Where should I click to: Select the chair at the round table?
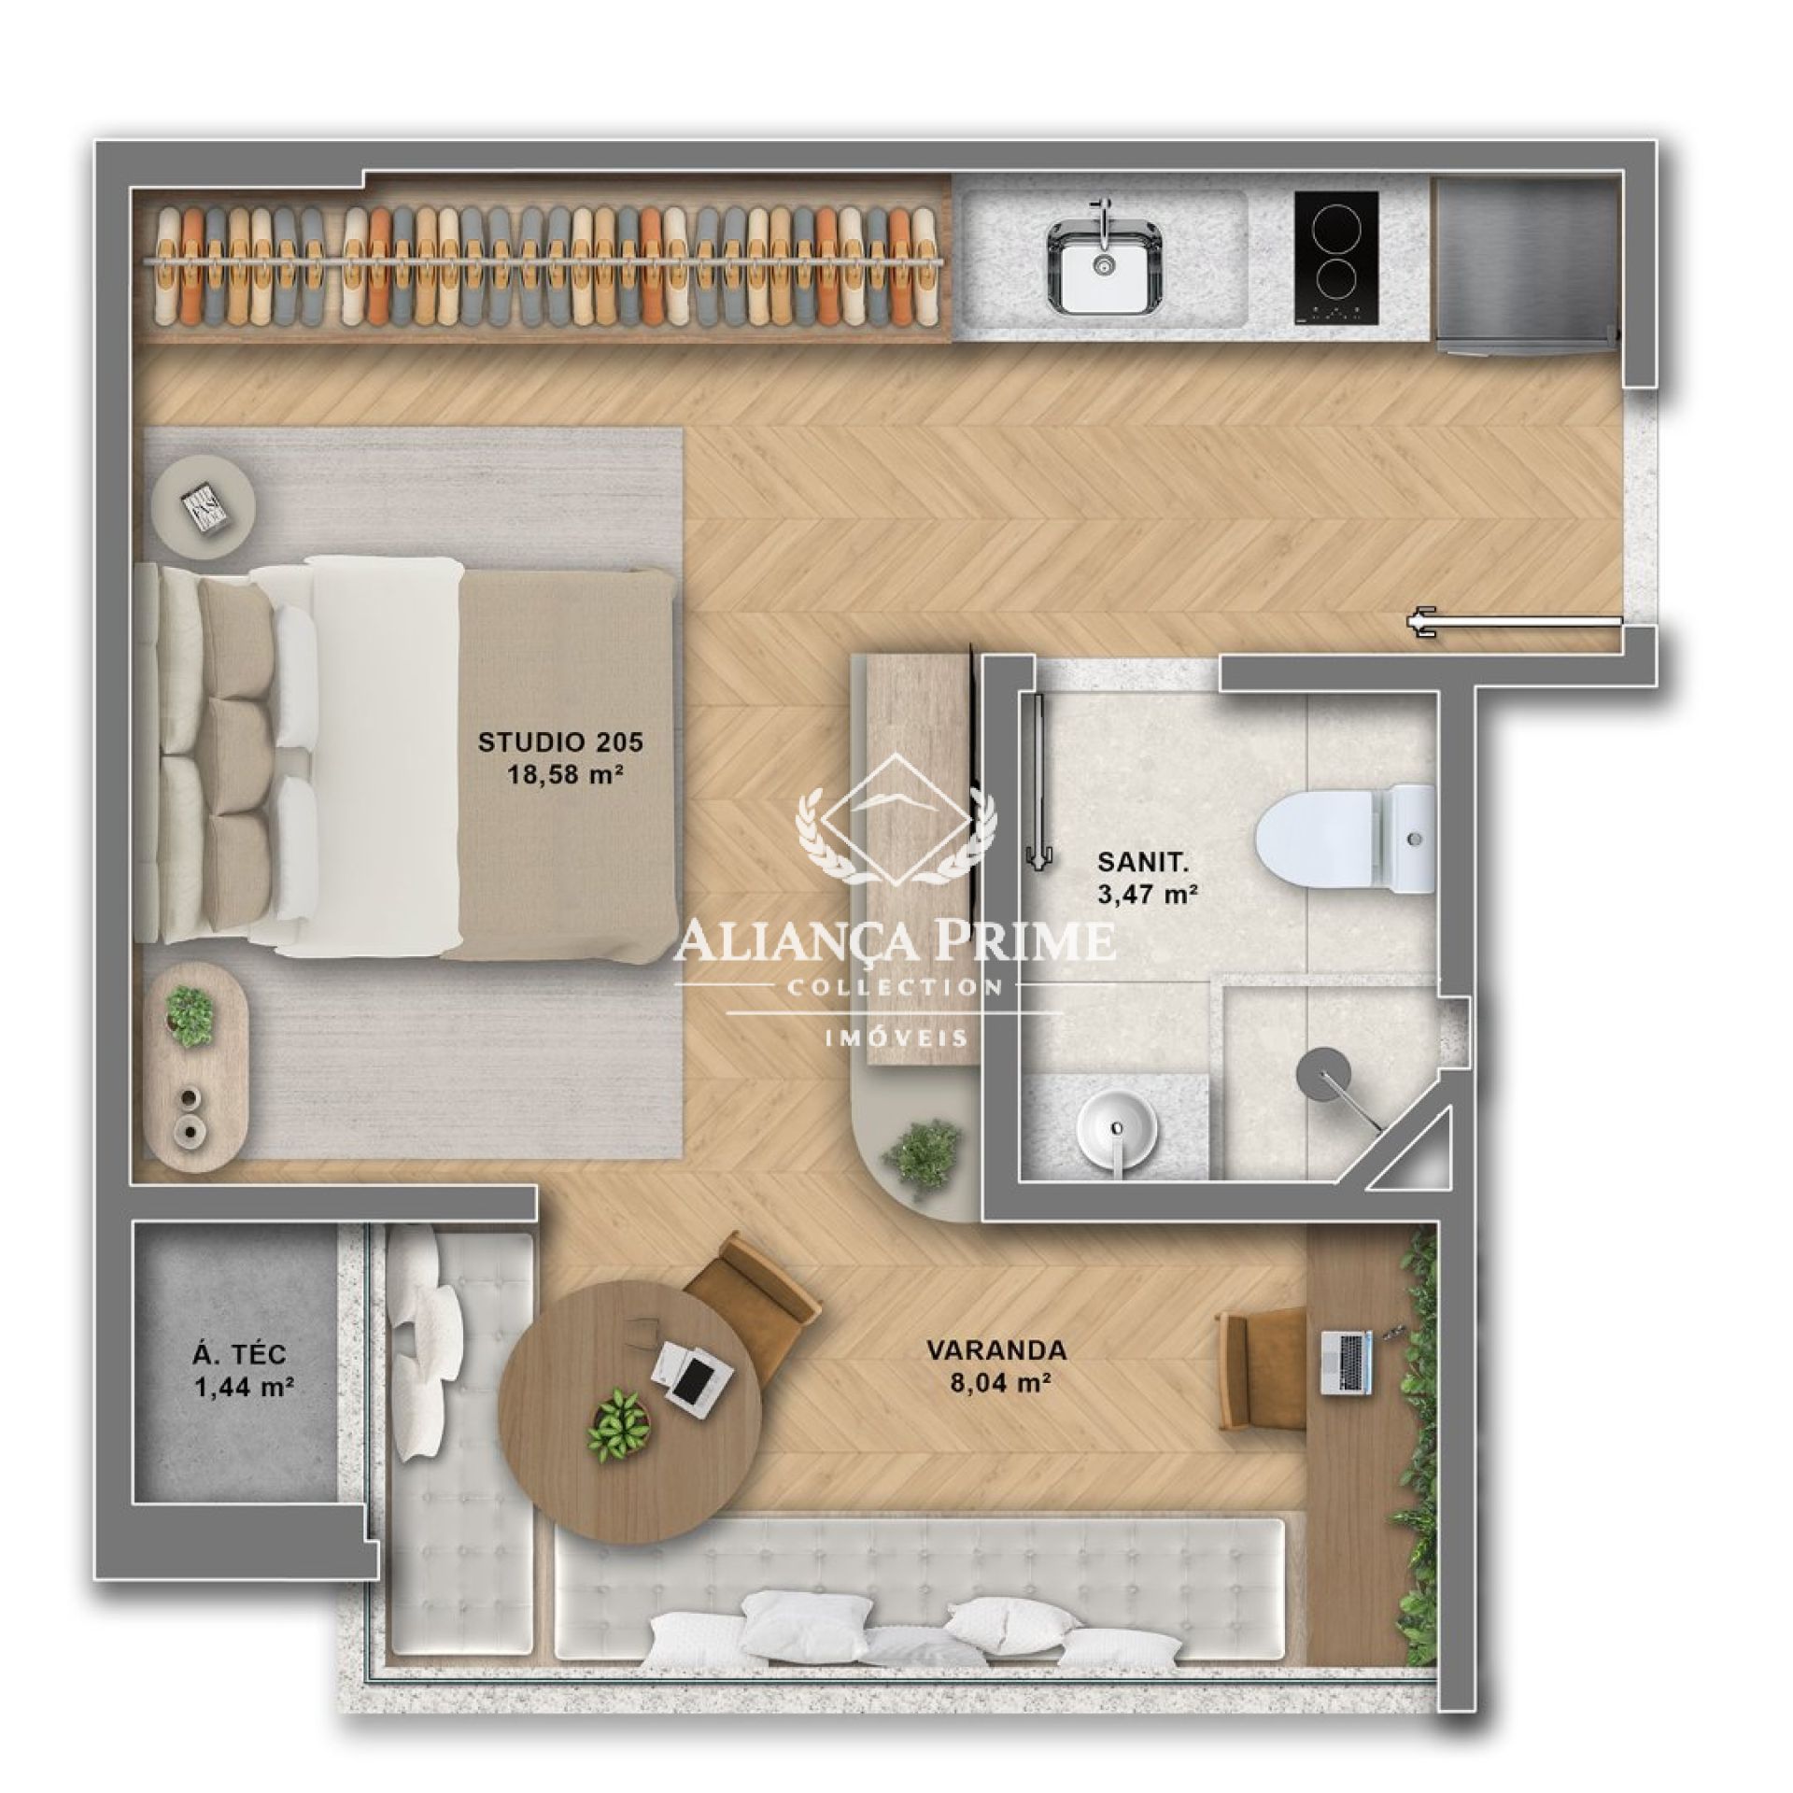tap(752, 1307)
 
